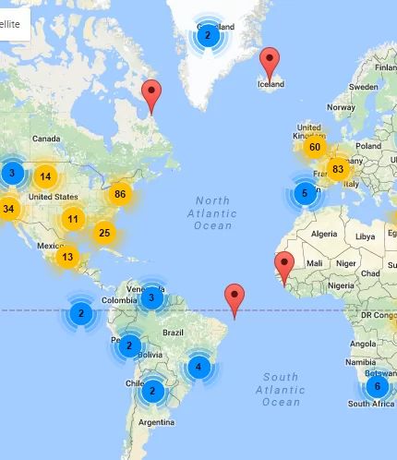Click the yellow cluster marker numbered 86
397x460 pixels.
pyautogui.click(x=119, y=194)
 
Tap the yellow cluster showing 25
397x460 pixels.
pyautogui.click(x=104, y=232)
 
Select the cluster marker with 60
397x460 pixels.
pyautogui.click(x=315, y=147)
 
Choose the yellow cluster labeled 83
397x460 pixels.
pyautogui.click(x=338, y=169)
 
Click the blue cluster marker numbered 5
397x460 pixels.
pyautogui.click(x=305, y=193)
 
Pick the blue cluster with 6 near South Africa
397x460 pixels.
pyautogui.click(x=377, y=386)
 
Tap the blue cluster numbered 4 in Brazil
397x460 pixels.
pyautogui.click(x=198, y=367)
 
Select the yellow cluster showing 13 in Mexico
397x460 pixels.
pyautogui.click(x=67, y=257)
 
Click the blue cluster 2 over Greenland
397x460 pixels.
pyautogui.click(x=208, y=36)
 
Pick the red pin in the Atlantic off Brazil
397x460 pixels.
pyautogui.click(x=235, y=298)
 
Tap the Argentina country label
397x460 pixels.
pyautogui.click(x=155, y=422)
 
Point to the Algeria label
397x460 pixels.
pyautogui.click(x=324, y=234)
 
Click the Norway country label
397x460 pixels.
pyautogui.click(x=341, y=107)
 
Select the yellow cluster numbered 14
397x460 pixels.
pyautogui.click(x=45, y=176)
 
